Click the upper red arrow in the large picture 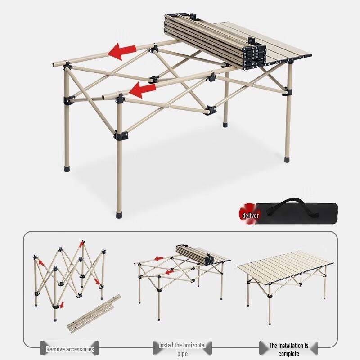pos(122,51)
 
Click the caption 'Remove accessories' pos(70,349)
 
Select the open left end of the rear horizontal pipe pos(55,64)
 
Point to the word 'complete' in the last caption pos(288,354)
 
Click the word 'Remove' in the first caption pos(56,349)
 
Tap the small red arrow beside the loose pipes pos(62,305)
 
